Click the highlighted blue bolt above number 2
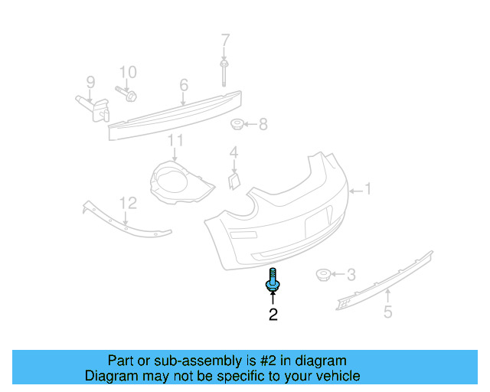[x=273, y=280]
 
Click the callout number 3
[x=351, y=274]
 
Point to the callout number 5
[x=388, y=312]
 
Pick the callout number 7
[x=225, y=40]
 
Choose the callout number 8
[x=263, y=123]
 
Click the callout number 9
[x=90, y=81]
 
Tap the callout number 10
[x=127, y=72]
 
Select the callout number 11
[x=176, y=140]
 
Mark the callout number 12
[x=128, y=203]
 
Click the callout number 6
[x=184, y=85]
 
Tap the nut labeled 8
[x=237, y=124]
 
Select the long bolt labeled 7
[x=225, y=73]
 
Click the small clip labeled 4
[x=234, y=179]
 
